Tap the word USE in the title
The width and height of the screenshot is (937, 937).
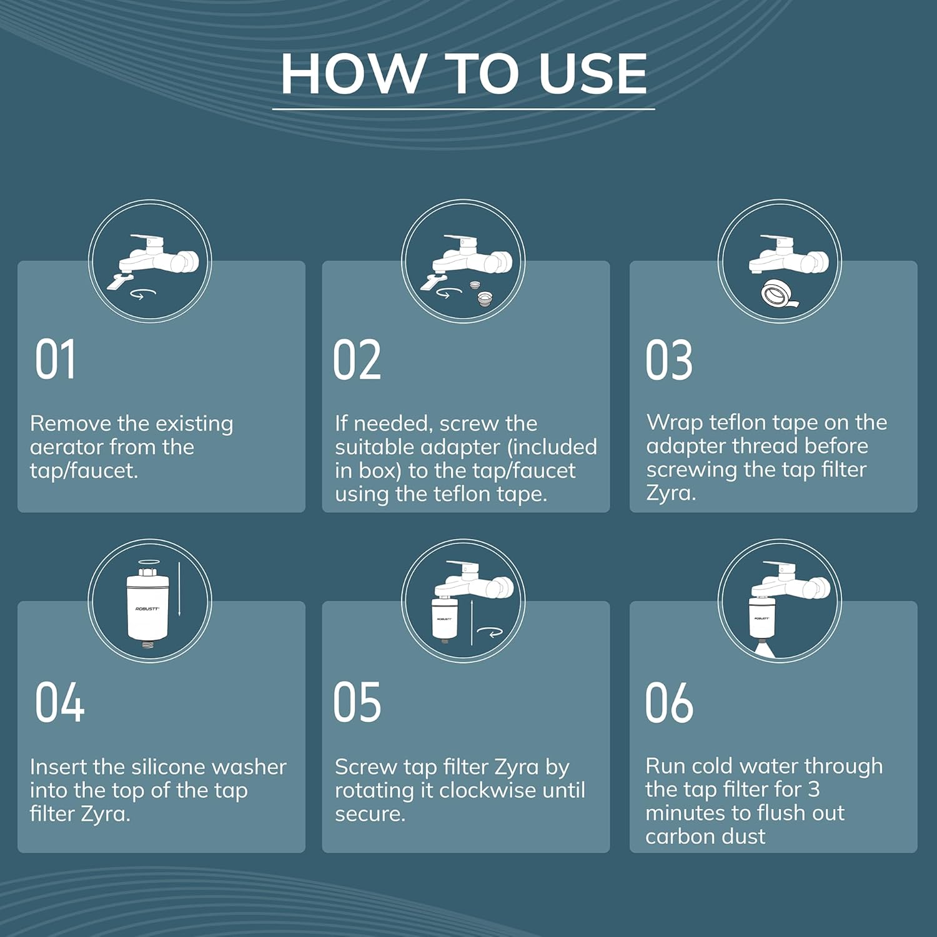pyautogui.click(x=593, y=74)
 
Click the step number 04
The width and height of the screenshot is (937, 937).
pyautogui.click(x=59, y=702)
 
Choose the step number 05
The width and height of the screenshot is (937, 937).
pyautogui.click(x=357, y=702)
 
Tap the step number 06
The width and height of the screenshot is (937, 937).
pyautogui.click(x=669, y=702)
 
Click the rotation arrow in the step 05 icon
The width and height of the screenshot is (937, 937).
pyautogui.click(x=490, y=633)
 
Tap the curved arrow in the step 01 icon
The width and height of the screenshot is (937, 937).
pyautogui.click(x=142, y=294)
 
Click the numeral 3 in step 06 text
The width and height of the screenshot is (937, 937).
pyautogui.click(x=813, y=790)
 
